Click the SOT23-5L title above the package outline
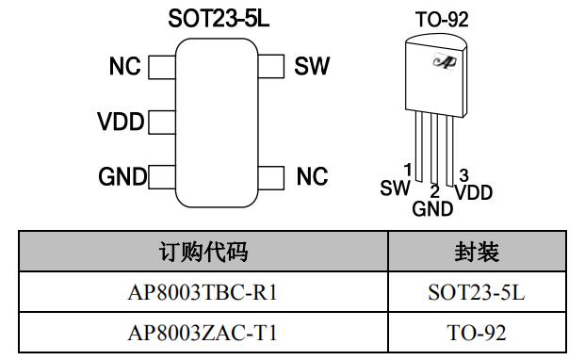[218, 19]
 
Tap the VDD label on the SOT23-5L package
[120, 123]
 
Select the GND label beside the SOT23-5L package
[122, 176]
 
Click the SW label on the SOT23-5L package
[312, 67]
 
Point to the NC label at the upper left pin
[124, 67]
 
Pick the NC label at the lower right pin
[312, 176]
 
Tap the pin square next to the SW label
[271, 67]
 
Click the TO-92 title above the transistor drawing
[442, 19]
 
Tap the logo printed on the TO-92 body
[443, 61]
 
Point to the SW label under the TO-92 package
[395, 188]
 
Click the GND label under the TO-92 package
[432, 209]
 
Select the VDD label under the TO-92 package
[473, 192]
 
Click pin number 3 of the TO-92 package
[463, 175]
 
